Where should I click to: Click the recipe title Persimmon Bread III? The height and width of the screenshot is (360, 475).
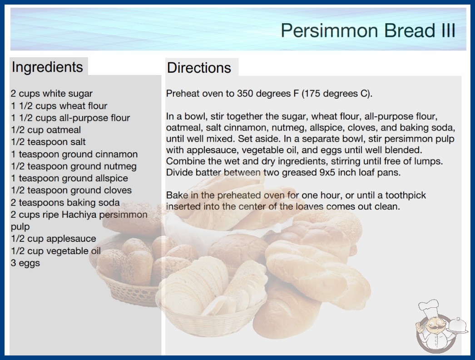coord(368,30)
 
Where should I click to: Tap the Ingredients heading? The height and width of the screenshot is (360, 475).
coord(47,67)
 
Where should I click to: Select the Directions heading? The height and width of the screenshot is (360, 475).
coord(199,68)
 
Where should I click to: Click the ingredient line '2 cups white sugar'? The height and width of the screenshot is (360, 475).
coord(51,94)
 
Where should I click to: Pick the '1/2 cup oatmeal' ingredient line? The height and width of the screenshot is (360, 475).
coord(46,130)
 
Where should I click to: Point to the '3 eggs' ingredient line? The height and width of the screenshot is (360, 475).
coord(25,263)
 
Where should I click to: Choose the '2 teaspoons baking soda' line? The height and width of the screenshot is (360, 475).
coord(65,203)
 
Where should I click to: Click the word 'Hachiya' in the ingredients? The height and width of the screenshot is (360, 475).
coord(79,215)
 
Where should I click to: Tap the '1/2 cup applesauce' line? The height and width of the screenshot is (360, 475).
coord(53,239)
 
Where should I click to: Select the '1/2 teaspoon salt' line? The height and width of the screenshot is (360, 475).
coord(48,142)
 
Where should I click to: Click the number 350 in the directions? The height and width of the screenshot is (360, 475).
coord(245,94)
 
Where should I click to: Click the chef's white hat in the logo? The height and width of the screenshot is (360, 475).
coord(429,307)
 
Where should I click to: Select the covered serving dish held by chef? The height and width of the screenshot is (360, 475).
coord(458,325)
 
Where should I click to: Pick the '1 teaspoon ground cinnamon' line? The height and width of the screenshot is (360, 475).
coord(74,154)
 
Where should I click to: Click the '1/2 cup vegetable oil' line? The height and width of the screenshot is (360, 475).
coord(56,251)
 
